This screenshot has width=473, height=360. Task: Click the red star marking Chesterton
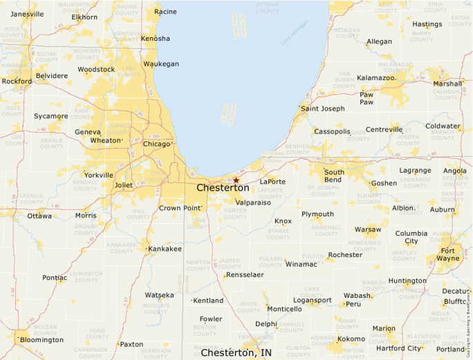click(x=236, y=180)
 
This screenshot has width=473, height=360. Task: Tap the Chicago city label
click(x=156, y=144)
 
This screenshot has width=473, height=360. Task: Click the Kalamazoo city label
click(x=377, y=78)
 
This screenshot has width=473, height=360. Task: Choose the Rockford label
click(x=17, y=81)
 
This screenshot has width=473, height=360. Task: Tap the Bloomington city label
click(x=41, y=340)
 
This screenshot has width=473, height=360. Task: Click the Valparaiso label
click(x=252, y=202)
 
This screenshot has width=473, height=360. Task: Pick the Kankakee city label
click(x=165, y=248)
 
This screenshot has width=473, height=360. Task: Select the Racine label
click(x=165, y=12)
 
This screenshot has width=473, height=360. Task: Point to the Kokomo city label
click(x=351, y=339)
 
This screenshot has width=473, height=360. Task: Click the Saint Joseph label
click(x=322, y=108)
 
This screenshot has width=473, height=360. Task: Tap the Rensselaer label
click(x=245, y=274)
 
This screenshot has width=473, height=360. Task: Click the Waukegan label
click(x=161, y=64)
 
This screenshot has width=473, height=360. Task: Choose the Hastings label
click(x=427, y=25)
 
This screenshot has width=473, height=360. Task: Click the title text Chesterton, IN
click(x=236, y=352)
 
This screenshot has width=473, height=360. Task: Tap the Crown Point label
click(x=179, y=208)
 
